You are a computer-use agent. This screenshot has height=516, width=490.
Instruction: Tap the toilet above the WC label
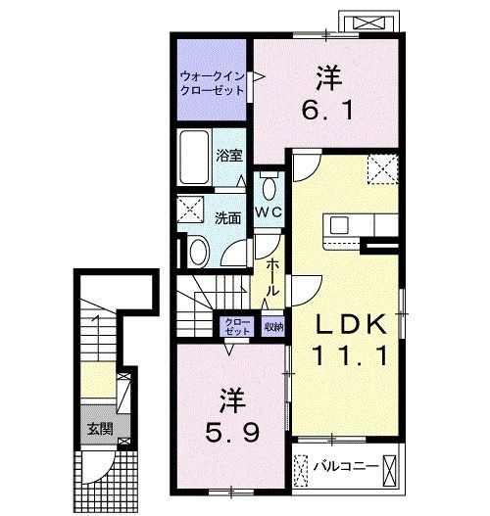point(269,185)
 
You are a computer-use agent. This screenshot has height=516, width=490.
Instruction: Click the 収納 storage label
point(274,327)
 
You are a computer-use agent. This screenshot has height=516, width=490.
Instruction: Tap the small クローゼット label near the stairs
point(238,327)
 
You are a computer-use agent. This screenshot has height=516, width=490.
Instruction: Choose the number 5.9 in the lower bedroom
point(231,431)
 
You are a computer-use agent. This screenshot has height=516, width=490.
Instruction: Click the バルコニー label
point(345,467)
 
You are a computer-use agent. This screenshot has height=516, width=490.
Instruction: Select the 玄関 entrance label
point(98,428)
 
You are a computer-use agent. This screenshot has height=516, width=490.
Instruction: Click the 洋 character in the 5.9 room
point(231,401)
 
